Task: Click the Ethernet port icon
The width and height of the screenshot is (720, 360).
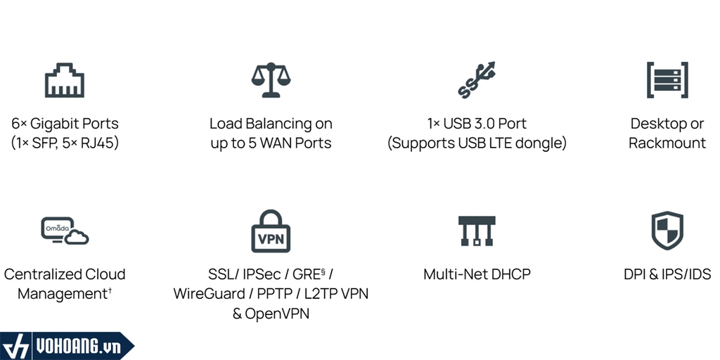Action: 65,81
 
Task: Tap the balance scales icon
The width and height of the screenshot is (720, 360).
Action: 271,80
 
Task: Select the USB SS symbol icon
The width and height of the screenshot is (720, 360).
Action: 477,79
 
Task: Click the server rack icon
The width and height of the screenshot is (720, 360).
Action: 667,79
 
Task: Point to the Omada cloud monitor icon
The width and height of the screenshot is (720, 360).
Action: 65,231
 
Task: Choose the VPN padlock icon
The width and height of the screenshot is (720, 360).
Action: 271,231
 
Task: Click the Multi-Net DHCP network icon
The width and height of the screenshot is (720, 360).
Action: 477,231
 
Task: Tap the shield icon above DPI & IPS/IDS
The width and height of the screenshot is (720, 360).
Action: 667,230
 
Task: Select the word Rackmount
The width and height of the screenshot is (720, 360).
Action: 667,143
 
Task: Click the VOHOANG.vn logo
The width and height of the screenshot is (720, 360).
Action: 67,347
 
